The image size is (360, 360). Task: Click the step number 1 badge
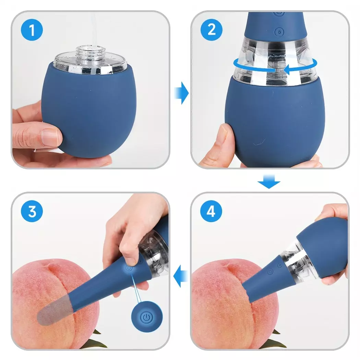32,30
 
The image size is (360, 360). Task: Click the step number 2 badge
212,30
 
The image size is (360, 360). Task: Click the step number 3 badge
32,211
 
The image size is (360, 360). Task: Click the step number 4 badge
211,211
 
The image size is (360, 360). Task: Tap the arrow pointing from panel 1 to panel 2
182,93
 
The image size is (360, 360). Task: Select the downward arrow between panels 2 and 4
269,181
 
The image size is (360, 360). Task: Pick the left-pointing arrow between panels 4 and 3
180,276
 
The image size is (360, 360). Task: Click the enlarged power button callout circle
147,316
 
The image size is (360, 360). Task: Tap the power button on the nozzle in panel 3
129,268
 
